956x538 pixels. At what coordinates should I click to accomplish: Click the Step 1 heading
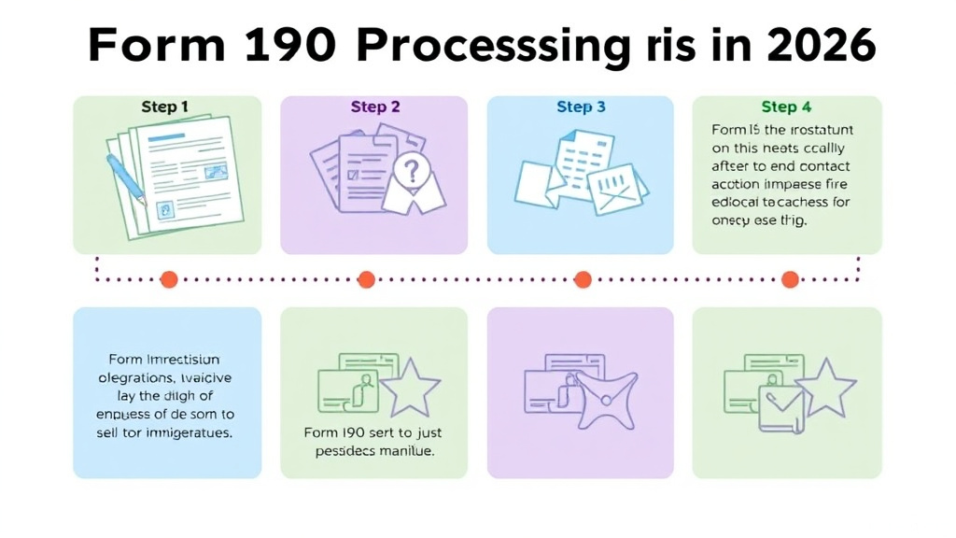pos(164,107)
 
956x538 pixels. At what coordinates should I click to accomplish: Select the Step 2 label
pos(375,107)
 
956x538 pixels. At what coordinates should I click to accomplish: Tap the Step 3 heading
pos(581,107)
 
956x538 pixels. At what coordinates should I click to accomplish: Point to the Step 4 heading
pos(786,107)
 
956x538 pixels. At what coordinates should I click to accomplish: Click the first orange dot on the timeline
pos(169,278)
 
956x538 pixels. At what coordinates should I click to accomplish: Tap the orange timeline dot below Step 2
pos(366,278)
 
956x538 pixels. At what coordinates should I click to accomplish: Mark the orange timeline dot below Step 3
pos(583,278)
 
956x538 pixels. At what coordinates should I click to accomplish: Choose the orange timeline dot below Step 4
pos(790,278)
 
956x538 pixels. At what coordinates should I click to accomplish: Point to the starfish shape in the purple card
pos(605,398)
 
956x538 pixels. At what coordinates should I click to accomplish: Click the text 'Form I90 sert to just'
pos(373,432)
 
